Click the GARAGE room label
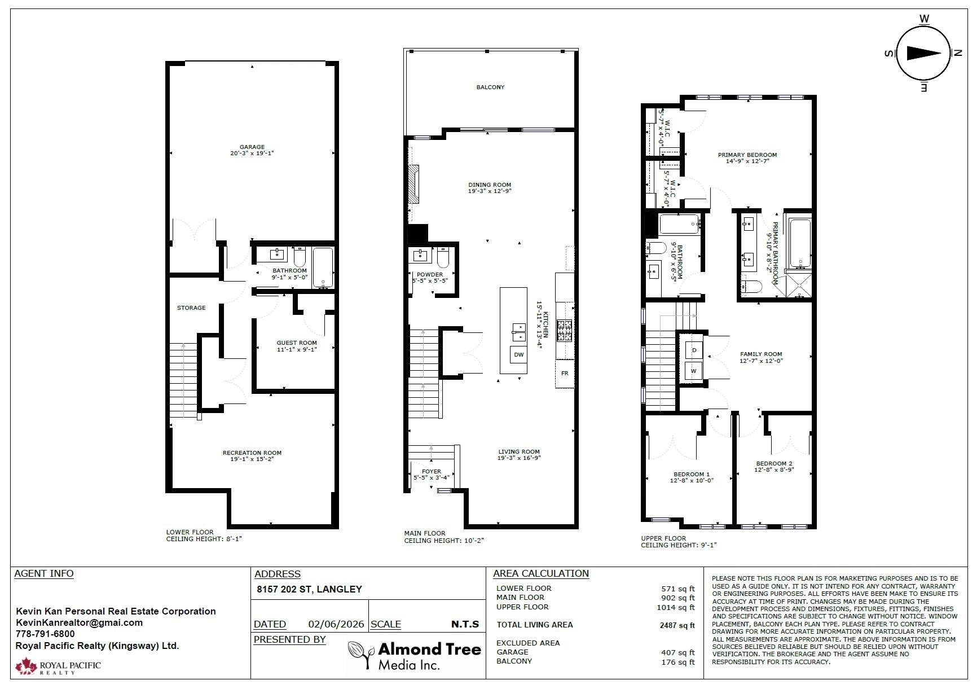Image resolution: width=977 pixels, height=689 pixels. (252, 147)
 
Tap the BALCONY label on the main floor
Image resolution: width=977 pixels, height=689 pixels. (490, 87)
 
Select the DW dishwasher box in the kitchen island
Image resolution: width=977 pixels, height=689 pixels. (519, 355)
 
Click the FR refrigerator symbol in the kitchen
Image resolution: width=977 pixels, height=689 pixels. (565, 374)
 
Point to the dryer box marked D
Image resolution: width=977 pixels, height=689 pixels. (694, 350)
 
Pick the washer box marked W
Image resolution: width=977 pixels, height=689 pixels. (694, 371)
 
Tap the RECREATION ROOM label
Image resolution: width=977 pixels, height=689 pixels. (252, 453)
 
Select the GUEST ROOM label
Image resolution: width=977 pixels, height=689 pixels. (297, 343)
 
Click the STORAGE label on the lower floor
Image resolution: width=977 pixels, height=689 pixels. (191, 308)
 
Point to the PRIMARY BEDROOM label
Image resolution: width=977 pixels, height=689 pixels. (747, 155)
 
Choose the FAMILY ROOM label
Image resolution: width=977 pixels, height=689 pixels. (761, 354)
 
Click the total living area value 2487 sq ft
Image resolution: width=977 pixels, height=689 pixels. (677, 625)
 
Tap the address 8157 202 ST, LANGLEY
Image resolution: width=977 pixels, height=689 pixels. (309, 589)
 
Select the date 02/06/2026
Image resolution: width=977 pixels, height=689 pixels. (336, 624)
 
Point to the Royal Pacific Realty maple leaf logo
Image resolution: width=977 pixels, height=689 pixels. (26, 666)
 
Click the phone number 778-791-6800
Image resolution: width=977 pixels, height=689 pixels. (45, 634)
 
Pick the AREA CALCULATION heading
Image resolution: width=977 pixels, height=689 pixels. (541, 573)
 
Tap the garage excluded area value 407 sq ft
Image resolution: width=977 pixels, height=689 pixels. (678, 652)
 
